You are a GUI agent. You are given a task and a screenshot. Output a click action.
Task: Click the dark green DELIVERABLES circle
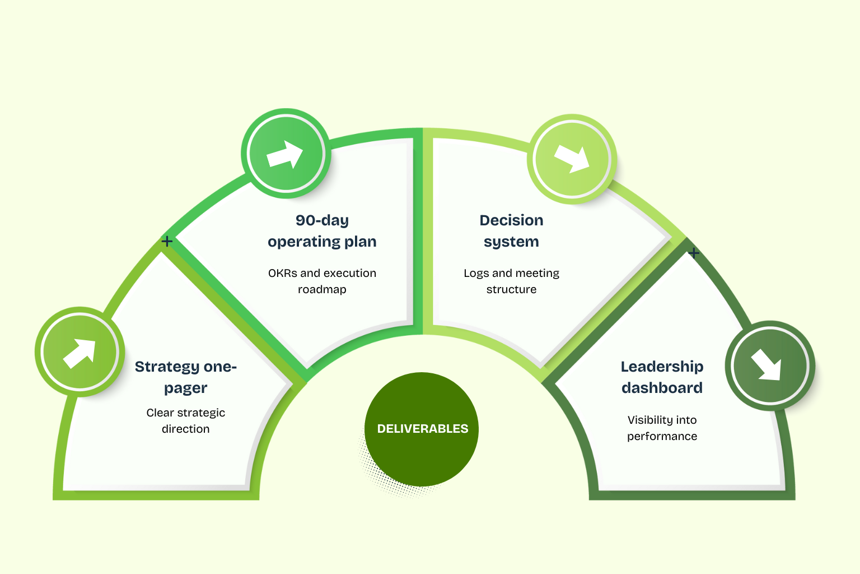click(x=422, y=429)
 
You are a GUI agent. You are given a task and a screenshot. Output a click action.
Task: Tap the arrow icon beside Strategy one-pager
click(x=80, y=351)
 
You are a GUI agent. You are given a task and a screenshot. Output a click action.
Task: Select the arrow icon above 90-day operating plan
click(x=286, y=154)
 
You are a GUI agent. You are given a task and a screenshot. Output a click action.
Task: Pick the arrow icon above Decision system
click(x=572, y=159)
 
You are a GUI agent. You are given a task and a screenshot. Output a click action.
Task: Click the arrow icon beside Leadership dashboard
click(x=769, y=365)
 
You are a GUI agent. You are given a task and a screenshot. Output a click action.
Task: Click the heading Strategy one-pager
click(x=186, y=377)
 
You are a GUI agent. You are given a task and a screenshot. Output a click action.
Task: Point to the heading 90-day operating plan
click(x=322, y=231)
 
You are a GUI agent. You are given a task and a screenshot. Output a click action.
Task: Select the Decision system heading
click(x=511, y=231)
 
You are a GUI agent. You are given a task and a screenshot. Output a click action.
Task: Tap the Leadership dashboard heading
click(x=662, y=377)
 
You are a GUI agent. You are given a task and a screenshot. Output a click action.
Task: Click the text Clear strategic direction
click(x=186, y=420)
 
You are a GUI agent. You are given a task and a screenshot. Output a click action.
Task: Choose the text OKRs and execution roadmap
click(x=322, y=281)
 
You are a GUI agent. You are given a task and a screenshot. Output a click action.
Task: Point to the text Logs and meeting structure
click(x=511, y=281)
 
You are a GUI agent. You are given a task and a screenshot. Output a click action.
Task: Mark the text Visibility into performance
click(x=662, y=428)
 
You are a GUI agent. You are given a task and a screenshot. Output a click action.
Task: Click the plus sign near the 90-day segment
click(x=167, y=241)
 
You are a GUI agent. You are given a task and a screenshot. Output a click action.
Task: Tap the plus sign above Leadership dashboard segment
click(x=694, y=253)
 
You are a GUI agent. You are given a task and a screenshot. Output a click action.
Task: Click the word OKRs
click(x=282, y=273)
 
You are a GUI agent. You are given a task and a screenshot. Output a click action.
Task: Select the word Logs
click(x=476, y=274)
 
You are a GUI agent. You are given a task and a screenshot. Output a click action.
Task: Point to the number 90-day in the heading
click(x=322, y=220)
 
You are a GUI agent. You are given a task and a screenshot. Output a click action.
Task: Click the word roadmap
click(x=322, y=289)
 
